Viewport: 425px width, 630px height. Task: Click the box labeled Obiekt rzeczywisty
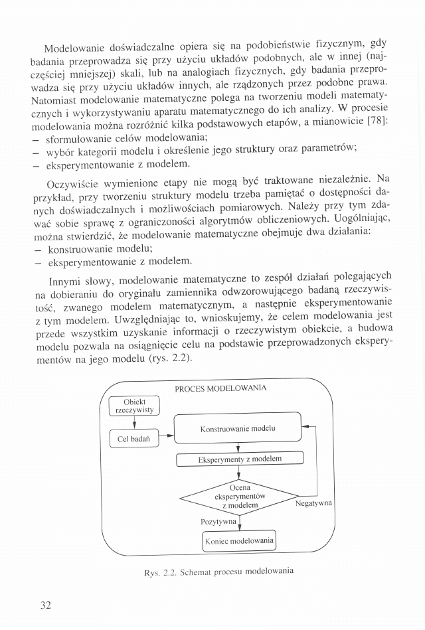click(133, 406)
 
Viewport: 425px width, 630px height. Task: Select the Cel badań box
click(133, 439)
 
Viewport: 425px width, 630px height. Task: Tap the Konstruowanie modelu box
click(237, 428)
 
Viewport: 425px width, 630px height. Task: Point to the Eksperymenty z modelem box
click(240, 459)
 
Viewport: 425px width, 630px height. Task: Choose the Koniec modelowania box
click(239, 541)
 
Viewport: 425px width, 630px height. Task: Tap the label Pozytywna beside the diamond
click(219, 522)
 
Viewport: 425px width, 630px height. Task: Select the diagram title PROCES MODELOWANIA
click(220, 388)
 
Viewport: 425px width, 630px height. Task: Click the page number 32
click(46, 605)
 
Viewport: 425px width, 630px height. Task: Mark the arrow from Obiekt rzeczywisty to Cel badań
click(134, 422)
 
